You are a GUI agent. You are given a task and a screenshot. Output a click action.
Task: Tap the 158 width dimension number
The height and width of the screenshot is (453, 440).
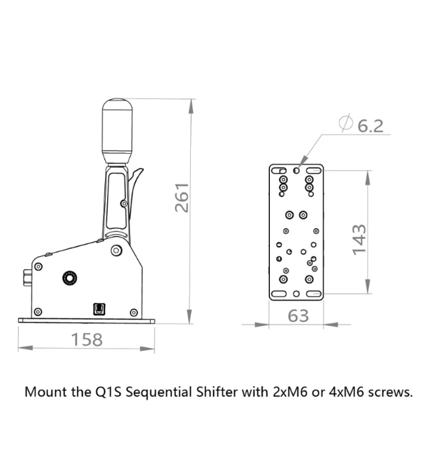pyautogui.click(x=87, y=340)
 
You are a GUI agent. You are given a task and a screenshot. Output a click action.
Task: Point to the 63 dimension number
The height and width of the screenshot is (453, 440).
pyautogui.click(x=298, y=316)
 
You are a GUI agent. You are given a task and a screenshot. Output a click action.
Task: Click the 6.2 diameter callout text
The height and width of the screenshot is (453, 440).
pyautogui.click(x=370, y=126)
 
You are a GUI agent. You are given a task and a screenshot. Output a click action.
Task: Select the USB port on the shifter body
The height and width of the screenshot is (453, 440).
pyautogui.click(x=98, y=308)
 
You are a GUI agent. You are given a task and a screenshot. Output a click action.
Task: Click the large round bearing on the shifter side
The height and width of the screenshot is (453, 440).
pyautogui.click(x=68, y=277)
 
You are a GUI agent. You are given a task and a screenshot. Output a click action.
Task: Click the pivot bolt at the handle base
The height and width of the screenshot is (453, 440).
pyautogui.click(x=116, y=250)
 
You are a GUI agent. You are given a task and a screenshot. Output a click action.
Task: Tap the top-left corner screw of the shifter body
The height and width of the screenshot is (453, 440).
pyautogui.click(x=38, y=266)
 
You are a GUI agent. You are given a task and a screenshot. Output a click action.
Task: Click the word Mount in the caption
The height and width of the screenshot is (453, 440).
pyautogui.click(x=44, y=392)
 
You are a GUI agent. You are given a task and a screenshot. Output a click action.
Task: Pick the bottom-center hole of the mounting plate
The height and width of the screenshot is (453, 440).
pyautogui.click(x=297, y=294)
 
